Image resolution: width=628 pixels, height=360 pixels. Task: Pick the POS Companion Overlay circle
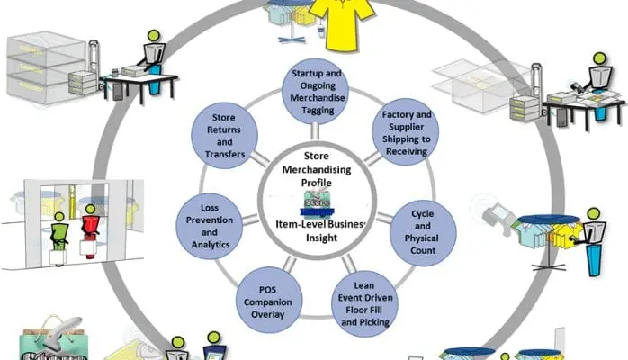pyautogui.click(x=265, y=298)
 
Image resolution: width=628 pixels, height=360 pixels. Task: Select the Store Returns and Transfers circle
pyautogui.click(x=225, y=135)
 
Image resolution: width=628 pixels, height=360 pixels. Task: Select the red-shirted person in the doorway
pyautogui.click(x=89, y=236)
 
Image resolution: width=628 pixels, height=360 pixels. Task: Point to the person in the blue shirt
pyautogui.click(x=594, y=243)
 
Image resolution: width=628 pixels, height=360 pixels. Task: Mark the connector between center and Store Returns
pyautogui.click(x=263, y=163)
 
